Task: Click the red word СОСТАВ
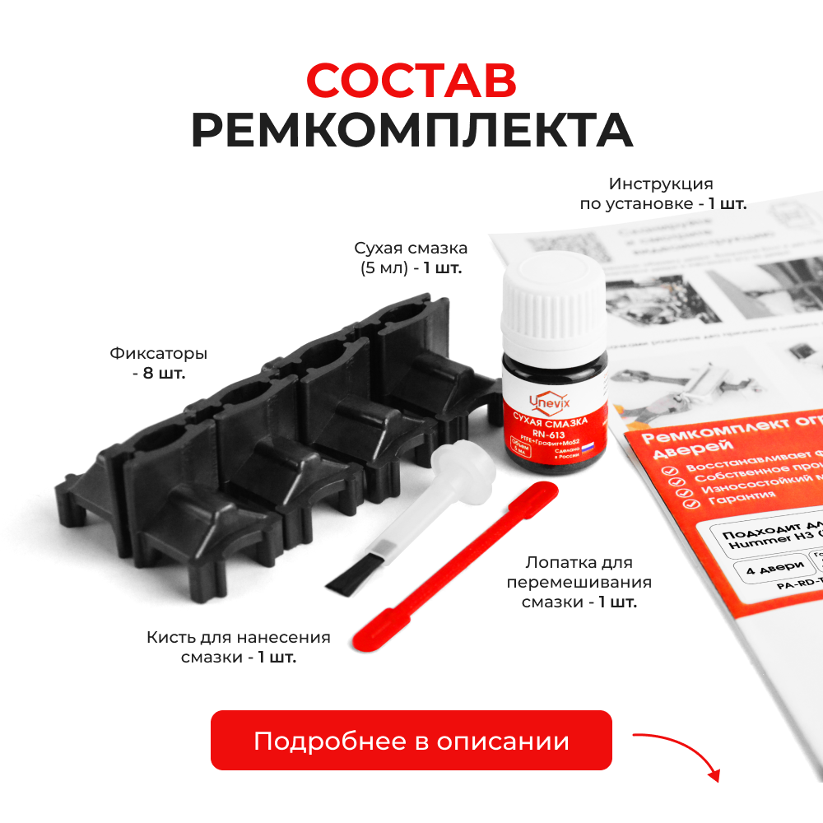coord(411,81)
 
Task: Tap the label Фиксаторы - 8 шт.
coord(158,363)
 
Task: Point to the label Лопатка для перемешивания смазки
coord(579,583)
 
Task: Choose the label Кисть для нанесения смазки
coord(239,647)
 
